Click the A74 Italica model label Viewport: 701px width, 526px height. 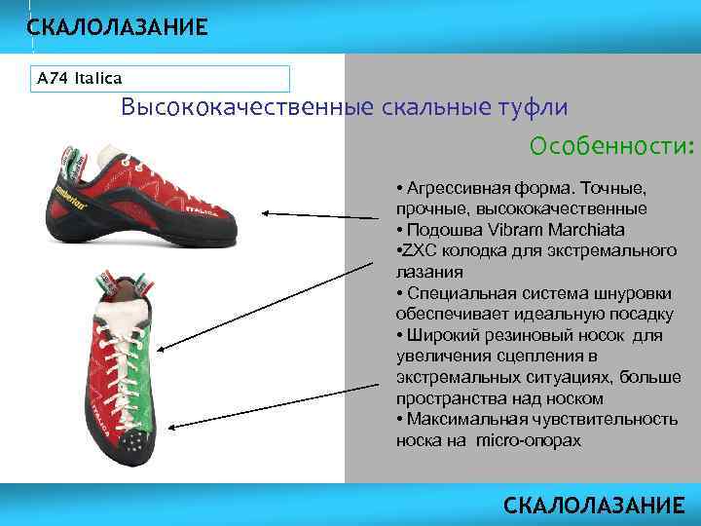[79, 78]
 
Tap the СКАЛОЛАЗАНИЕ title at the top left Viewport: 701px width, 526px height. [117, 27]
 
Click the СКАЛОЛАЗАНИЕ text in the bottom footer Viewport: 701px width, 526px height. [594, 505]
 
